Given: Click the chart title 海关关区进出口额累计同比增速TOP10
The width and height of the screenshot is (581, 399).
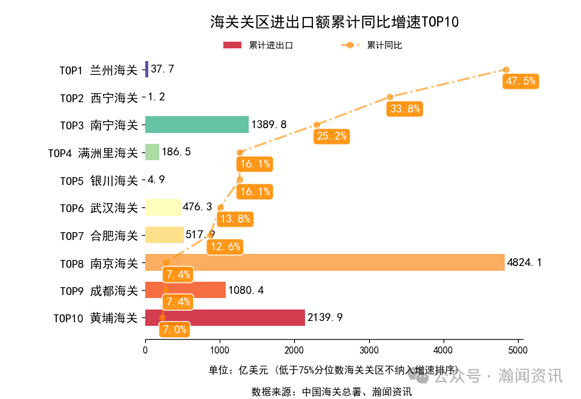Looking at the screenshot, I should click(334, 22).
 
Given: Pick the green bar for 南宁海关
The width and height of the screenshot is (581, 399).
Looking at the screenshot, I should click(197, 125).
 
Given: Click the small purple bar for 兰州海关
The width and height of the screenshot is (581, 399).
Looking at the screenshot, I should click(146, 70).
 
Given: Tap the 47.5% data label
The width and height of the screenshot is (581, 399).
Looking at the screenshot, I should click(520, 81).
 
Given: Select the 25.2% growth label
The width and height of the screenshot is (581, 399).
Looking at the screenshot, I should click(332, 136).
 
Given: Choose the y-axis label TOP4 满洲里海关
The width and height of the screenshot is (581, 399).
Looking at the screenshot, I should click(93, 152).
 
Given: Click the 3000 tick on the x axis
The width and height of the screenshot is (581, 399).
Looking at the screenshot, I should click(369, 349).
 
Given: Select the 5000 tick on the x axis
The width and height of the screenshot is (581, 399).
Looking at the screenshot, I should click(518, 349).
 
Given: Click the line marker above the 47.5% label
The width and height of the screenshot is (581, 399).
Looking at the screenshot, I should click(506, 70).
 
